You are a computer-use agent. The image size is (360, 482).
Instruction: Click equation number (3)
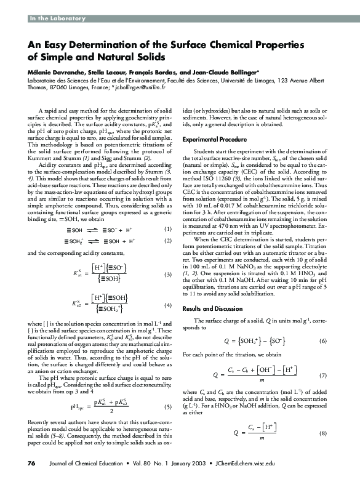(166, 273)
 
